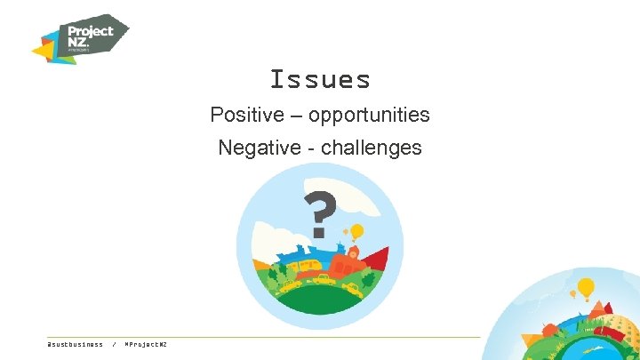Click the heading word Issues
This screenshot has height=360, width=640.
click(320, 80)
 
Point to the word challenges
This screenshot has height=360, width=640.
click(372, 148)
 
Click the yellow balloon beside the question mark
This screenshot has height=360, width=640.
click(357, 231)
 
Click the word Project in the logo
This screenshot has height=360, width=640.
click(92, 30)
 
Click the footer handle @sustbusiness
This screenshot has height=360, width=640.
click(75, 344)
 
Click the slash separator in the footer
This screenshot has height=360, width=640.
click(115, 344)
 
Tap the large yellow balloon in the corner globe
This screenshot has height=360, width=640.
click(586, 287)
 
